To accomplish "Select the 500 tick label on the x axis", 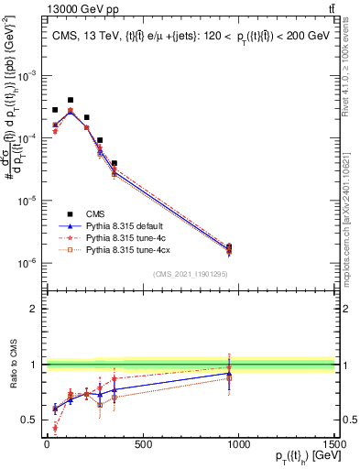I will (x=142, y=445).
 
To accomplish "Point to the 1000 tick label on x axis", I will (x=237, y=445).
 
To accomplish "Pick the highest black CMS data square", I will (x=71, y=100).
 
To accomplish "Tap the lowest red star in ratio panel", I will (x=55, y=427).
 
